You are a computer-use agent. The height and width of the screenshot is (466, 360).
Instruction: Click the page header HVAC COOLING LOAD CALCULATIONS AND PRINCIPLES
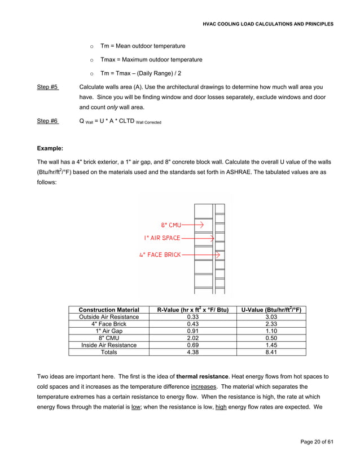coord(268,24)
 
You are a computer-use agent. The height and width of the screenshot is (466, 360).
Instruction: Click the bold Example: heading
coord(50,148)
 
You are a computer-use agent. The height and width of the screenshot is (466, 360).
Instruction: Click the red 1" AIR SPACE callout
coord(162,238)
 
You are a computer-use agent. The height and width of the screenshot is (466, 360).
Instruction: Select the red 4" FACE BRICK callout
coord(160,255)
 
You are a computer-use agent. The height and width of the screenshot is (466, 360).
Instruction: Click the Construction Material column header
coord(109,310)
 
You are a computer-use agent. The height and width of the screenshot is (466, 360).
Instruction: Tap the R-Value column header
coord(192,310)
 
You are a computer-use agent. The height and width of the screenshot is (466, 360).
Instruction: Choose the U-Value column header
coord(271,310)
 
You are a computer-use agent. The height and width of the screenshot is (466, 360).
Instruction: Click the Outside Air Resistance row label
coord(109,317)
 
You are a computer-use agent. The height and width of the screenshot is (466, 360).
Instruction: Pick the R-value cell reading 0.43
coord(192,324)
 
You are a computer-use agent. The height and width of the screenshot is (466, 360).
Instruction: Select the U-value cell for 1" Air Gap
coord(271,331)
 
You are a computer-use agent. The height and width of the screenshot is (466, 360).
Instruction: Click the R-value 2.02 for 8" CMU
coord(192,338)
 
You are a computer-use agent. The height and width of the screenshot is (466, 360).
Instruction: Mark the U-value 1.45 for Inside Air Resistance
coord(271,345)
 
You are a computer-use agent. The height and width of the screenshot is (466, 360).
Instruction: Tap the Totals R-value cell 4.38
coord(192,352)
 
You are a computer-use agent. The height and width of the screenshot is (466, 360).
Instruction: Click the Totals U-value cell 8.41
coord(271,352)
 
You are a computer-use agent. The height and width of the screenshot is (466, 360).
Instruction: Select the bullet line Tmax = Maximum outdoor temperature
coord(151,60)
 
